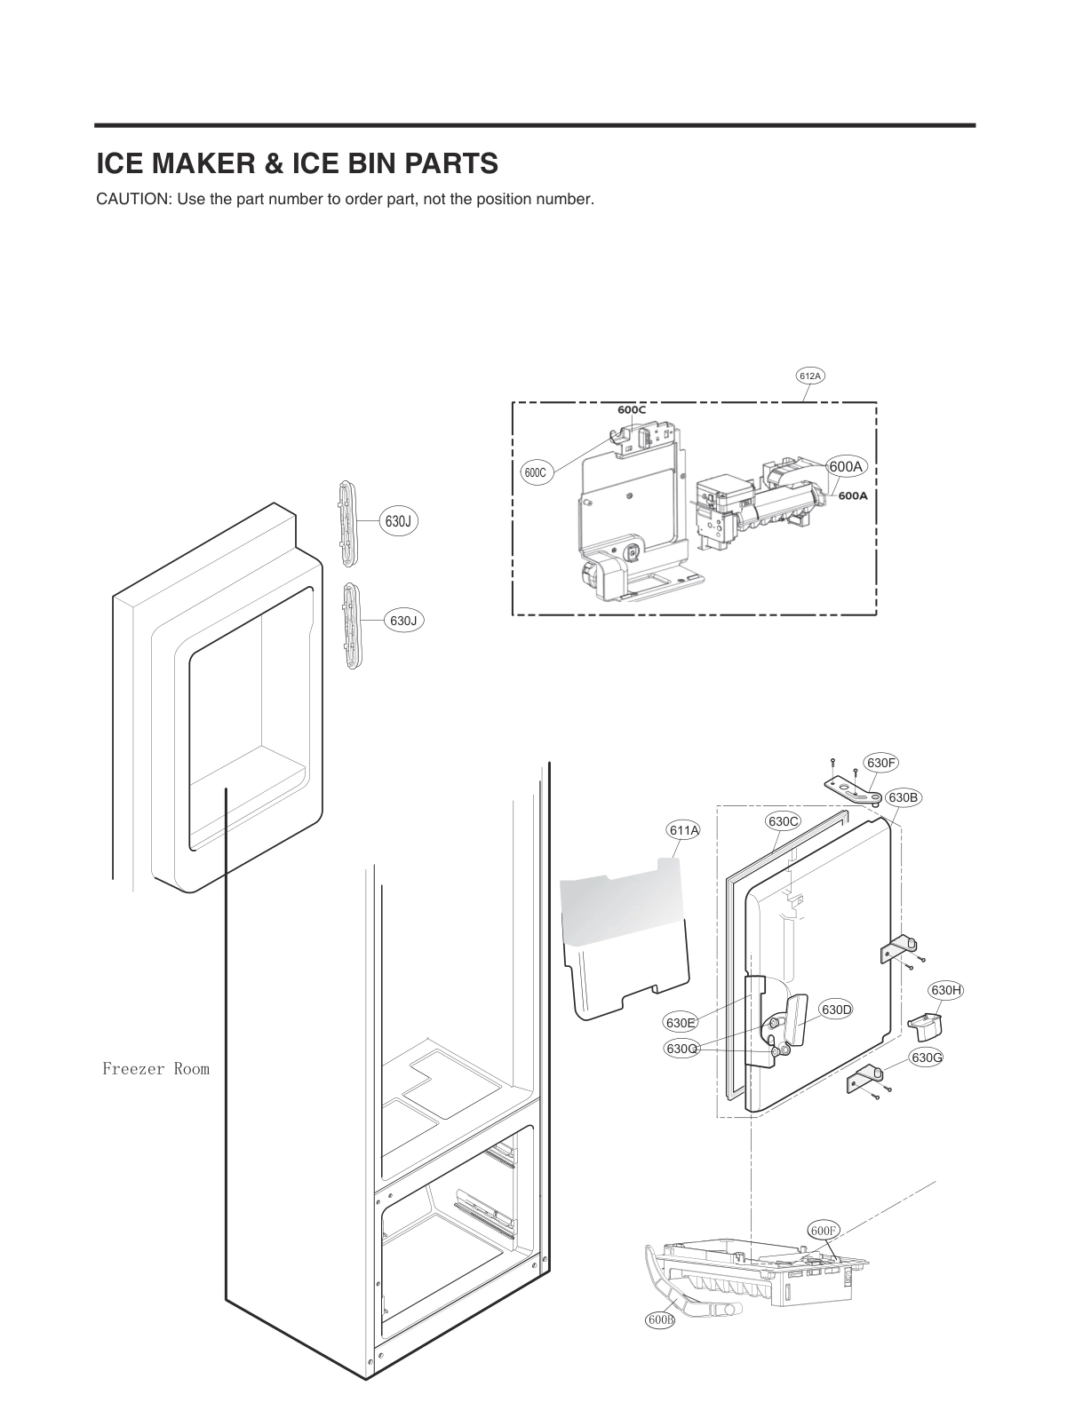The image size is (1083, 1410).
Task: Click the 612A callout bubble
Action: [810, 376]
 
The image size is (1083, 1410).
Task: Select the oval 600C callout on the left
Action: [535, 473]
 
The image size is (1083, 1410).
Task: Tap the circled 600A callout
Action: [845, 467]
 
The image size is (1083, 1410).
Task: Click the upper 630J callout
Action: [397, 521]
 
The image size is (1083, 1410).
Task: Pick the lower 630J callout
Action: [403, 621]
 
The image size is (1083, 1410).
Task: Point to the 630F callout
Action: [881, 763]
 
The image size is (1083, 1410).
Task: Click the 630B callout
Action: [903, 797]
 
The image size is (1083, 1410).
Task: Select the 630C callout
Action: [783, 821]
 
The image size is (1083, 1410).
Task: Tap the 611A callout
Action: [684, 830]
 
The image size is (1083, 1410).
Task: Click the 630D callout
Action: [836, 1010]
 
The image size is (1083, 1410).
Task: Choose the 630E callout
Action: [681, 1023]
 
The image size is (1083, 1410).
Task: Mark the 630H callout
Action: [946, 990]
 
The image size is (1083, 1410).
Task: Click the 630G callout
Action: [927, 1057]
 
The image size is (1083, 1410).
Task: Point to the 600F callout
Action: [824, 1231]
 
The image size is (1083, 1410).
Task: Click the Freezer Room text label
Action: [155, 1069]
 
